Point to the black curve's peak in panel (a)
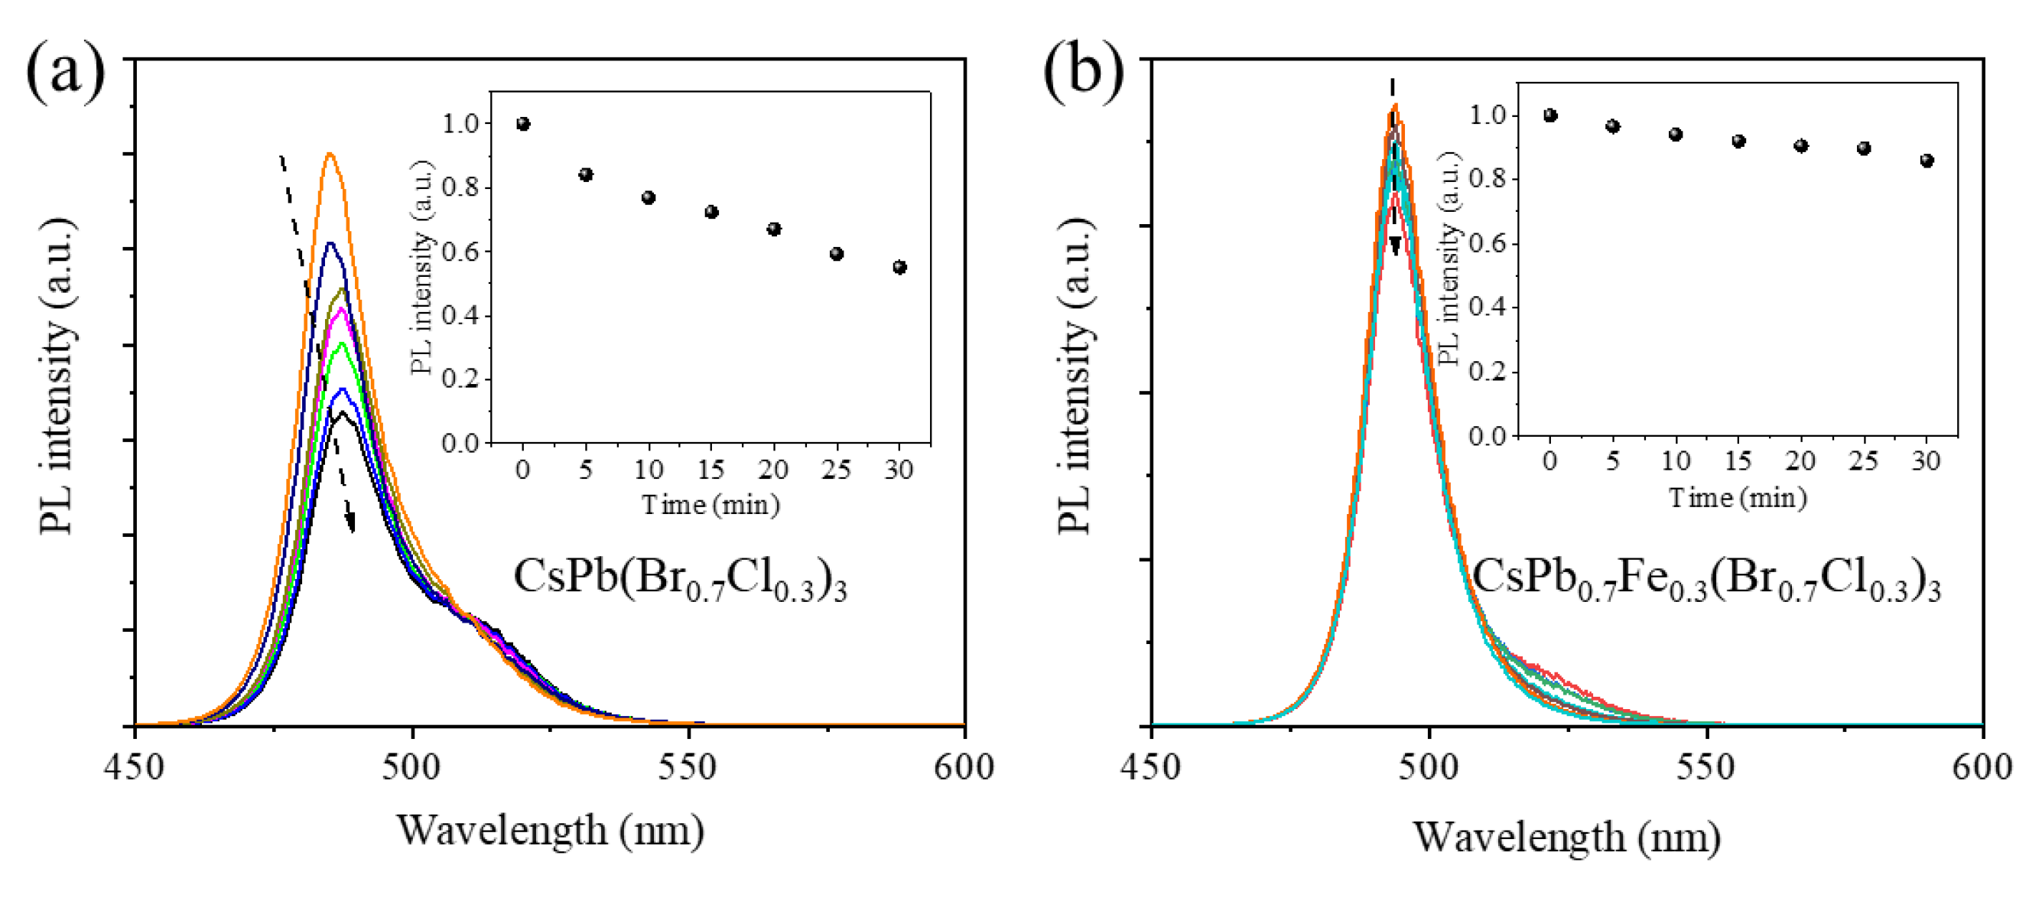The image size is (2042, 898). (x=342, y=413)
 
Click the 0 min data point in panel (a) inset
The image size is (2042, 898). (x=523, y=125)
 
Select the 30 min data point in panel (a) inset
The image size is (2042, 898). (x=899, y=268)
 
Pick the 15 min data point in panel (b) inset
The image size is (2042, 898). (x=1738, y=142)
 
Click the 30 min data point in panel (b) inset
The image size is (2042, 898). (x=1927, y=161)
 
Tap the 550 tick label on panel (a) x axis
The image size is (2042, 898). (x=688, y=767)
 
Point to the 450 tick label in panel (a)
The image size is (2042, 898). (x=135, y=767)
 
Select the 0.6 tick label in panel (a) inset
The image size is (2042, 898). (x=460, y=252)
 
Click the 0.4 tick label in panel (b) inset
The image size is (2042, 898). (x=1487, y=307)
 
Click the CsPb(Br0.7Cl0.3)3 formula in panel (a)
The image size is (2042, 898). (x=679, y=578)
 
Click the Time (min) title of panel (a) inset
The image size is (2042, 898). (x=710, y=505)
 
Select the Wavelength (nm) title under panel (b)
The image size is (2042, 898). (x=1566, y=837)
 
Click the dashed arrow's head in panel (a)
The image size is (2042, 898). (x=350, y=523)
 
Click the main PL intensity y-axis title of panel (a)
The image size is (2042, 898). (x=57, y=376)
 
